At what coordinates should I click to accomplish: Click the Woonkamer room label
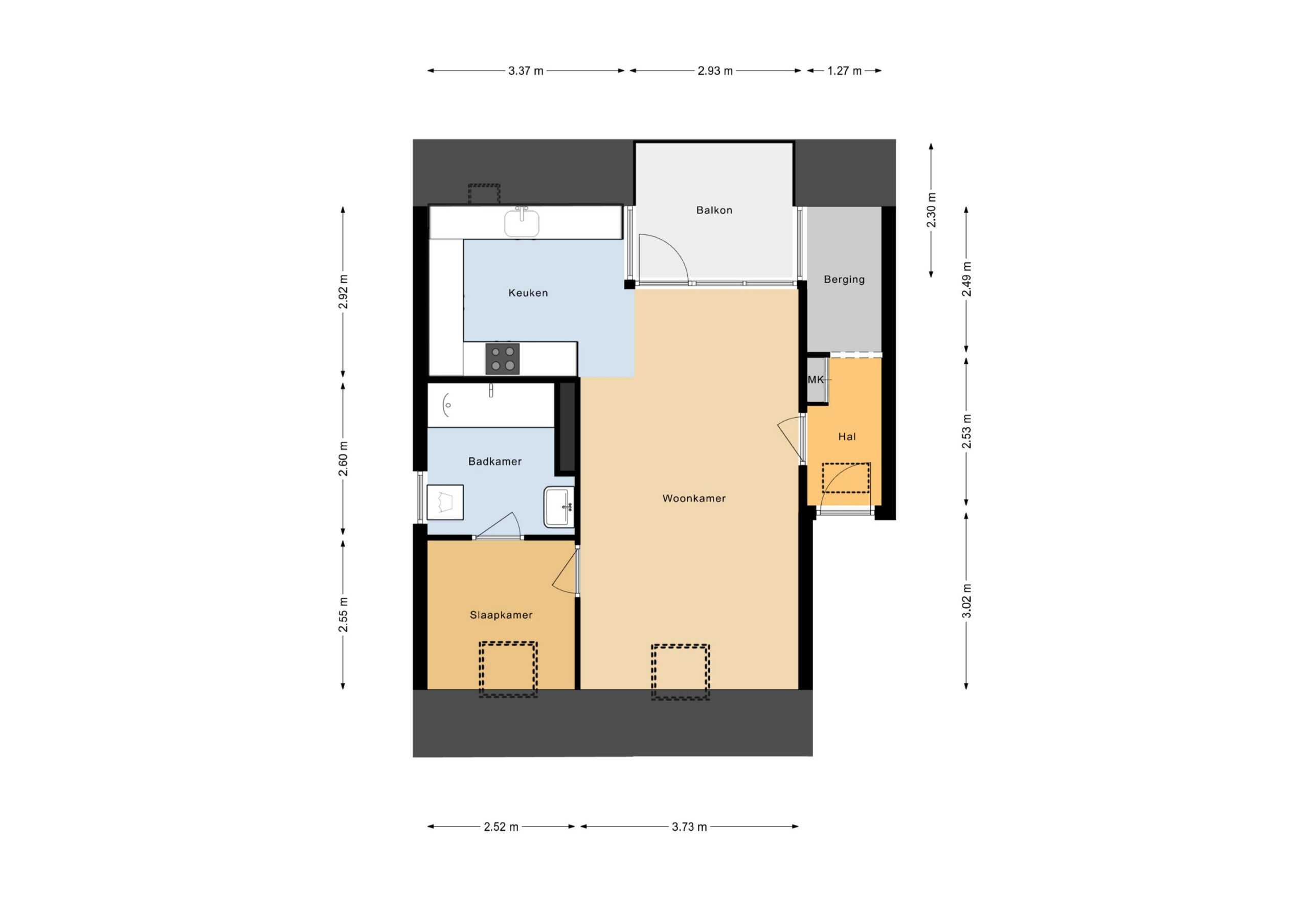tap(693, 498)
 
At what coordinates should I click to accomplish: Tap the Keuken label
tap(528, 292)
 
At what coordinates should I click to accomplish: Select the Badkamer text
tap(494, 461)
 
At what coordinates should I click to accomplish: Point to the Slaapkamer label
tap(501, 615)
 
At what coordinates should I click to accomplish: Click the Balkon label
tap(714, 210)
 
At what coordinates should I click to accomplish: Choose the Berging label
tap(844, 279)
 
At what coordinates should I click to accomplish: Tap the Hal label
tap(847, 436)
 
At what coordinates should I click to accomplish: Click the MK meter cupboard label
tap(816, 380)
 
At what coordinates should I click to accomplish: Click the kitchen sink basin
tap(522, 223)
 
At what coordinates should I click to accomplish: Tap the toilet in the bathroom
tap(445, 502)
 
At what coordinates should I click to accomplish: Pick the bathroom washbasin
tap(559, 507)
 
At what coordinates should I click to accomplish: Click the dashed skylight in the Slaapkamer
tap(508, 670)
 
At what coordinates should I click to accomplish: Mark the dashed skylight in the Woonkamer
tap(681, 672)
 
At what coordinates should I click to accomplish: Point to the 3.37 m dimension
tap(526, 71)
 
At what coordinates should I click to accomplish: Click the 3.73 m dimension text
tap(689, 826)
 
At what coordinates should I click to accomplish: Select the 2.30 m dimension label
tap(931, 210)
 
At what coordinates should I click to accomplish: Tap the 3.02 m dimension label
tap(966, 601)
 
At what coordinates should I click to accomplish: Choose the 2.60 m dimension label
tap(343, 459)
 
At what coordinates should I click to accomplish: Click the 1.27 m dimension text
tap(844, 71)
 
